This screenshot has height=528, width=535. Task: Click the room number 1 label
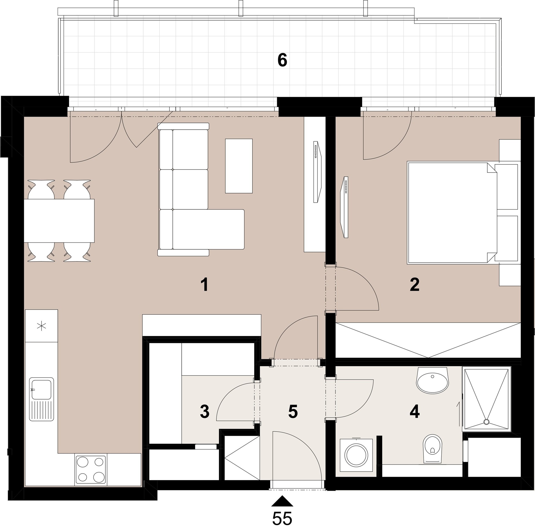tap(205, 285)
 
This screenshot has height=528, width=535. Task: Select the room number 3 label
tap(205, 412)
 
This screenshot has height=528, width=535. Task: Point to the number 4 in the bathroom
tap(415, 412)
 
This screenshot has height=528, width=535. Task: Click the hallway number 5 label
tap(293, 412)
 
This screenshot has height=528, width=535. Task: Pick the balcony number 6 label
tap(282, 60)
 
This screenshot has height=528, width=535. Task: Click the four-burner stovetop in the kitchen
tap(91, 470)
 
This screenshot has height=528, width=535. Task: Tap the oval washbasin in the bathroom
tap(432, 380)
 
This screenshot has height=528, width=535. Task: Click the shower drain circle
tap(487, 422)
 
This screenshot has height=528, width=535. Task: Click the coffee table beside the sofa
tap(239, 166)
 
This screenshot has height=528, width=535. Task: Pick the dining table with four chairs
tap(59, 221)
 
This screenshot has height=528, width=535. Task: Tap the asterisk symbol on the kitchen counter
tap(42, 326)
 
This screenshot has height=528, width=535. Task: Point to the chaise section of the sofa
tap(208, 229)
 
